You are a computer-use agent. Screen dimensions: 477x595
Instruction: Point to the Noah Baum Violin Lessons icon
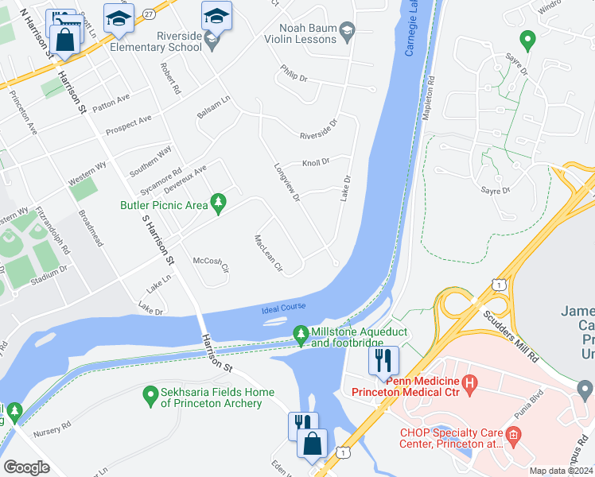[347, 33]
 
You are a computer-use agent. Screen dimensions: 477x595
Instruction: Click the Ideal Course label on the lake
[282, 308]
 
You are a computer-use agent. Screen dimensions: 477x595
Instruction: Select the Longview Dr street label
[286, 182]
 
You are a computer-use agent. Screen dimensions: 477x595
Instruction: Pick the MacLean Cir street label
[268, 253]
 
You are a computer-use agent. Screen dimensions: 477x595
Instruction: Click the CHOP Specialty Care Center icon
[514, 434]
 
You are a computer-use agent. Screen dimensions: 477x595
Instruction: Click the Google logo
[26, 467]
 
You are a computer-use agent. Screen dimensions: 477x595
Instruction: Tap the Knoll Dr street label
[315, 163]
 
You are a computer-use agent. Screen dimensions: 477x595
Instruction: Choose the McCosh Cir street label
[211, 262]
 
